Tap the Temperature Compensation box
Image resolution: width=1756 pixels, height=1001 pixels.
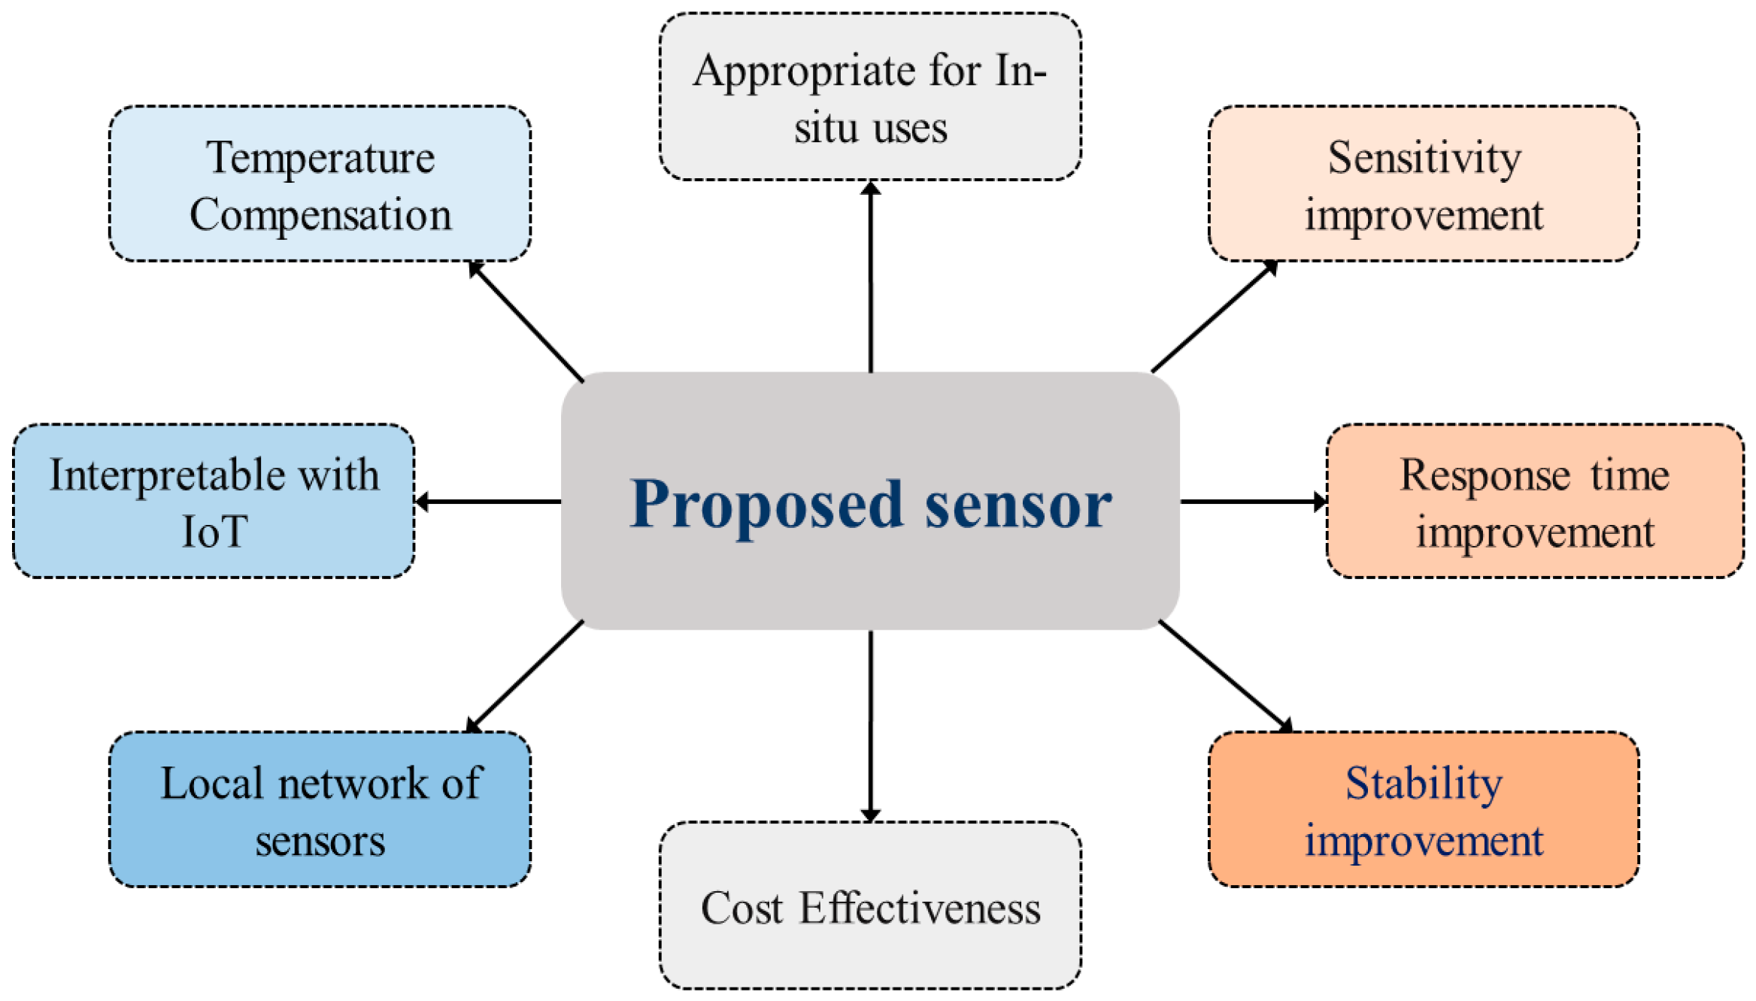pyautogui.click(x=320, y=184)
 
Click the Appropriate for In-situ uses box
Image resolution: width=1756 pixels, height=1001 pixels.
pyautogui.click(x=870, y=97)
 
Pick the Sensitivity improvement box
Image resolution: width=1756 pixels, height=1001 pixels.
pyautogui.click(x=1423, y=184)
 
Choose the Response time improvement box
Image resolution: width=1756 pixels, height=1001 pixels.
pyautogui.click(x=1534, y=502)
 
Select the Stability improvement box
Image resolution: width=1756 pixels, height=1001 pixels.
pyautogui.click(x=1423, y=809)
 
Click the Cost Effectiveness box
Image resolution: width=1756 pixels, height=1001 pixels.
pyautogui.click(x=870, y=905)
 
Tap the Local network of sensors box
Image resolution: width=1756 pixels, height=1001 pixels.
pyautogui.click(x=320, y=809)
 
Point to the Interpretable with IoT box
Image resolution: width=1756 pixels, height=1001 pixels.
pyautogui.click(x=214, y=502)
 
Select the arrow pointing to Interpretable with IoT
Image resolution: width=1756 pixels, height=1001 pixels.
pyautogui.click(x=489, y=502)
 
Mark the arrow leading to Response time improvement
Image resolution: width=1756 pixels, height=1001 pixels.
pyautogui.click(x=1252, y=502)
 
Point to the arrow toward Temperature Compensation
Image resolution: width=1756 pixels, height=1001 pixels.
pyautogui.click(x=526, y=321)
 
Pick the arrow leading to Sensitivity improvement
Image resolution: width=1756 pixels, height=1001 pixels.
pyautogui.click(x=1215, y=317)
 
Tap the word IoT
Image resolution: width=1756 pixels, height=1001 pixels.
pyautogui.click(x=214, y=532)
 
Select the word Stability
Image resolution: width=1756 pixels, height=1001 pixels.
pyautogui.click(x=1424, y=784)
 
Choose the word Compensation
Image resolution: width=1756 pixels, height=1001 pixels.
pyautogui.click(x=320, y=215)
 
